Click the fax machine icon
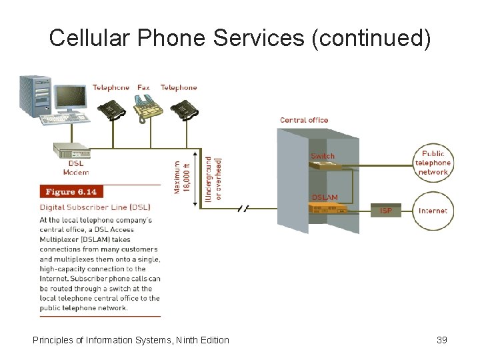point(143,107)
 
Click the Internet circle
point(433,211)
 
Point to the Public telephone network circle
point(433,163)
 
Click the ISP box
point(386,211)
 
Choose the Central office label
point(304,120)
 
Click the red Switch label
point(323,156)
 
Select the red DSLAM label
point(325,197)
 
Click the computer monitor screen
point(70,98)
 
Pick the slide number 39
point(441,340)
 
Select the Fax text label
point(143,87)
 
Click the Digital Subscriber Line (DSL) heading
point(95,207)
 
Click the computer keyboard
point(65,119)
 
